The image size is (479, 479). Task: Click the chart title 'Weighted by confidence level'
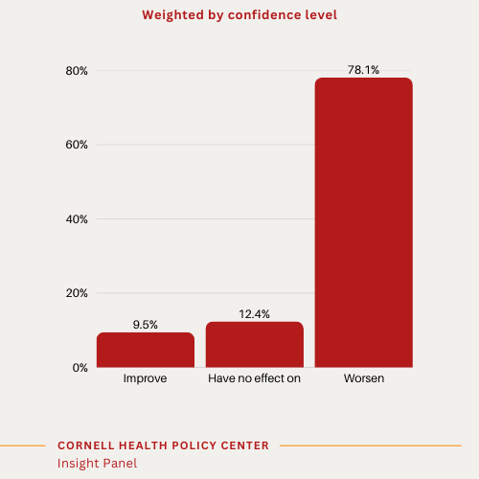point(239,15)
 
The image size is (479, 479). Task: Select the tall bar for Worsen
point(364,222)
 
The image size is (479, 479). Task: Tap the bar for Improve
point(146,350)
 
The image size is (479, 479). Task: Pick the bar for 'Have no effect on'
point(255,344)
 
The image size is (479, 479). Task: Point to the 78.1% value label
point(364,70)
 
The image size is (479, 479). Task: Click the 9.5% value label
point(146,325)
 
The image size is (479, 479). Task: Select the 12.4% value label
point(255,314)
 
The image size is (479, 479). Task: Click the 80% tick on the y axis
point(77,71)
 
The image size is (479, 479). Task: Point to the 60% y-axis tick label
point(77,145)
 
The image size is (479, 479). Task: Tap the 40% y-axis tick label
point(77,219)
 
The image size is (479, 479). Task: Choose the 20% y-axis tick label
point(77,293)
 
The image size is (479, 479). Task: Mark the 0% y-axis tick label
point(80,367)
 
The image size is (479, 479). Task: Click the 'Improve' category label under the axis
point(146,379)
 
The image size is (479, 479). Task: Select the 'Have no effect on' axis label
point(255,379)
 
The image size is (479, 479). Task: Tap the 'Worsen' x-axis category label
point(364,379)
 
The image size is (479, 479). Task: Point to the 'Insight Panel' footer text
point(97,463)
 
